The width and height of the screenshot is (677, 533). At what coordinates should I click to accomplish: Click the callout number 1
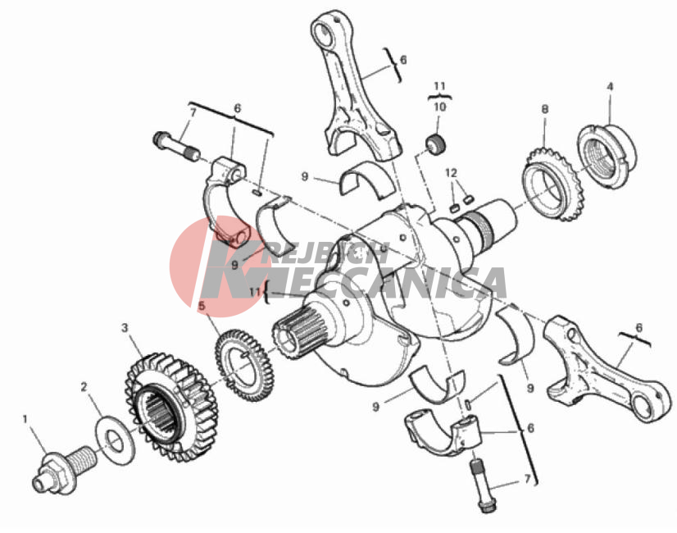click(x=25, y=419)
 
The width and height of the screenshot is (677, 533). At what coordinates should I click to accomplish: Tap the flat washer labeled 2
click(x=115, y=440)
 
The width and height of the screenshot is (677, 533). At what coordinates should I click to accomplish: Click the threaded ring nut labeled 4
click(x=607, y=157)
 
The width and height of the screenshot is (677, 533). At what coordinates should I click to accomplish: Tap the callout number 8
click(x=545, y=109)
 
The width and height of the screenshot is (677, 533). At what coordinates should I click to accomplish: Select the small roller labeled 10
click(x=436, y=143)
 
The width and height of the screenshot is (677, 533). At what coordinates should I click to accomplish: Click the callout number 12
click(x=451, y=173)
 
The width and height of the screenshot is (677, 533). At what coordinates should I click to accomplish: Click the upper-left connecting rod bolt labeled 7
click(x=176, y=147)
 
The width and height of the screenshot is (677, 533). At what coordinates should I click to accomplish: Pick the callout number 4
click(x=610, y=87)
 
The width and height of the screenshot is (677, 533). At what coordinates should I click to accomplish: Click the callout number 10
click(x=439, y=107)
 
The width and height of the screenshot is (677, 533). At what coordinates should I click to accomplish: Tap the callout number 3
click(x=125, y=328)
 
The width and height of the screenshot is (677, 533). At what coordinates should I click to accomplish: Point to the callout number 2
click(x=84, y=387)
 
